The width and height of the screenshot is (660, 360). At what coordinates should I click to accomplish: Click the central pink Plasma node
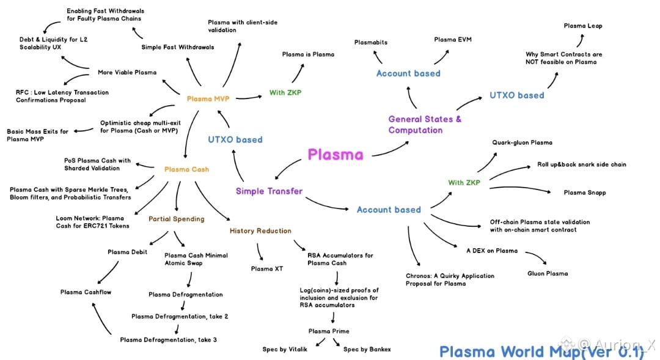click(x=335, y=154)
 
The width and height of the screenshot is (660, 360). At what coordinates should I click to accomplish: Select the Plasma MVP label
click(x=208, y=99)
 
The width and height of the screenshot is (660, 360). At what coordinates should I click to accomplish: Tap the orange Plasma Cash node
click(x=186, y=169)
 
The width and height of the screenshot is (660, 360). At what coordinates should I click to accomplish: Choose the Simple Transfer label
click(x=269, y=191)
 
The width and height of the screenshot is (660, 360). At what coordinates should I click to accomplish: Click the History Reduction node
click(x=260, y=231)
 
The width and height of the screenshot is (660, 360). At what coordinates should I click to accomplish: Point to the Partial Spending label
click(x=176, y=218)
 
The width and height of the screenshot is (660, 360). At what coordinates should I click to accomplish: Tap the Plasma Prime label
click(x=328, y=331)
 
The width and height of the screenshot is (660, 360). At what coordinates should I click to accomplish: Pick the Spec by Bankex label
click(x=367, y=349)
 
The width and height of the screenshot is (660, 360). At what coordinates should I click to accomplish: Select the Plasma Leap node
click(x=582, y=26)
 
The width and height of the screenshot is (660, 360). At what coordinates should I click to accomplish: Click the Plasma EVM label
click(x=453, y=40)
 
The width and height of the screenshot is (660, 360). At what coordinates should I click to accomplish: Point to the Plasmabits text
click(x=371, y=42)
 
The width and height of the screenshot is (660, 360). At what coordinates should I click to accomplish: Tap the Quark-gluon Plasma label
click(x=522, y=142)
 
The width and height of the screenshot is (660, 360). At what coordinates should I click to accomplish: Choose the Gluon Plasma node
click(x=548, y=273)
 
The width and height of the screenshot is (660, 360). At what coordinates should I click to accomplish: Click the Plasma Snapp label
click(x=585, y=193)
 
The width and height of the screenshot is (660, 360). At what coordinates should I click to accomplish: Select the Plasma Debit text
click(x=127, y=252)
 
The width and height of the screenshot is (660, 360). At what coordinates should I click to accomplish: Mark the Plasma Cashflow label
click(x=86, y=292)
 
